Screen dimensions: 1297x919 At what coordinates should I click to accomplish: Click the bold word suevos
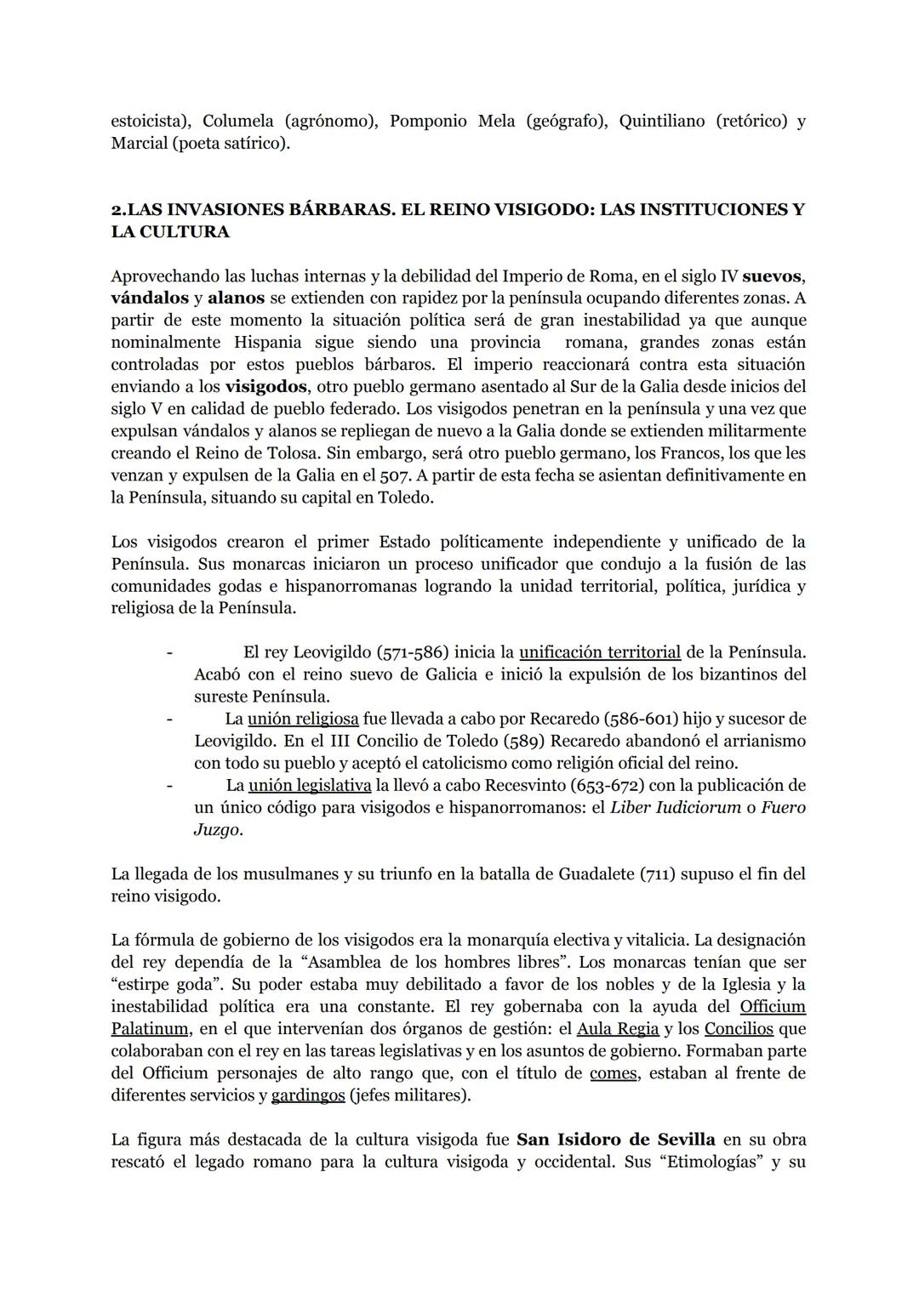click(773, 276)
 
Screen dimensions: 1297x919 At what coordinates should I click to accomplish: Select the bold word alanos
click(237, 299)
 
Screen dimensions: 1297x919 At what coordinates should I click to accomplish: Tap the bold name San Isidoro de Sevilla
click(615, 1140)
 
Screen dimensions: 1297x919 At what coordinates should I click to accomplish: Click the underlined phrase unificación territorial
click(600, 652)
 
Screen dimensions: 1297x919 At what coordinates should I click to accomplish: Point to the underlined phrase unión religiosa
click(303, 719)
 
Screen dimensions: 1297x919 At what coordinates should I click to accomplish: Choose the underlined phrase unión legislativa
click(310, 785)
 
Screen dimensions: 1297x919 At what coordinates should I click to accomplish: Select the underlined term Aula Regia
click(618, 1029)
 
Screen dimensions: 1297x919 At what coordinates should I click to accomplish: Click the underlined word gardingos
click(308, 1095)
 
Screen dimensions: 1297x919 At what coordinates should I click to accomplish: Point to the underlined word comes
click(614, 1073)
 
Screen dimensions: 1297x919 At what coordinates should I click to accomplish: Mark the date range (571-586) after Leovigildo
click(412, 652)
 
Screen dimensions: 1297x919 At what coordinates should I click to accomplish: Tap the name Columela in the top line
click(238, 122)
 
